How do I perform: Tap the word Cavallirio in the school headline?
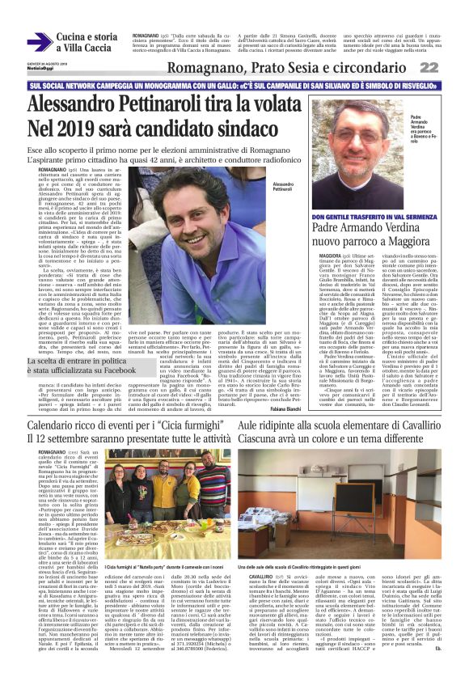tap(410, 424)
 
